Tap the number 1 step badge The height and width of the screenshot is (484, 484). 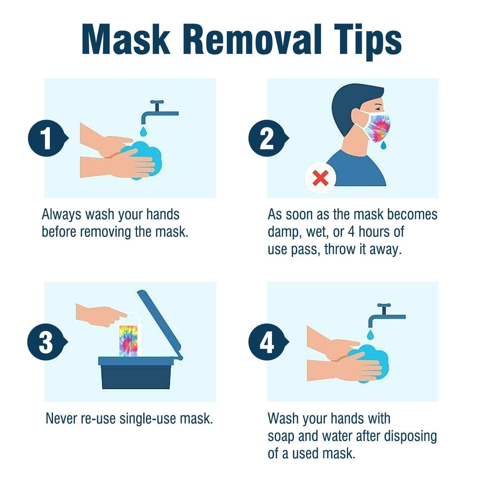coord(46,138)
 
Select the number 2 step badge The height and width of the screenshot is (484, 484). coord(267,138)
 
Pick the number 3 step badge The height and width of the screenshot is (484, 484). coord(46,342)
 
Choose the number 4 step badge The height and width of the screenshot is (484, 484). coord(267,342)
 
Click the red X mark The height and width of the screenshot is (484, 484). coord(320,178)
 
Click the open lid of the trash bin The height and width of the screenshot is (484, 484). coord(160,324)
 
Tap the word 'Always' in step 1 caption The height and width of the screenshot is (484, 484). coord(61,214)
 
